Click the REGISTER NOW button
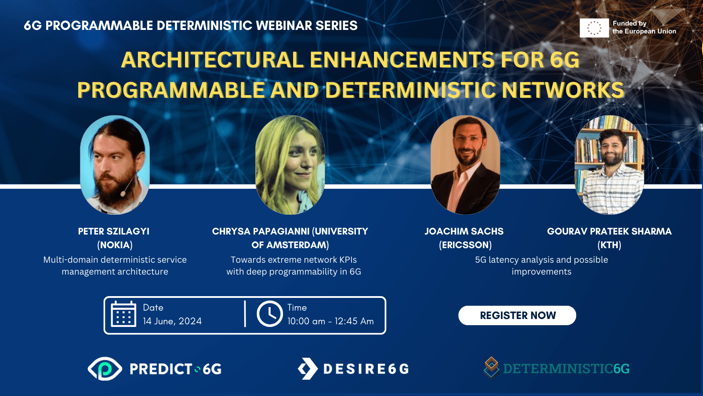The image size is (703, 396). coord(517,315)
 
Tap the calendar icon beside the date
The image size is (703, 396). coord(123,314)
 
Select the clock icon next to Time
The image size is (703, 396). coord(270,314)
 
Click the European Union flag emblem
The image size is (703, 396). coord(594,28)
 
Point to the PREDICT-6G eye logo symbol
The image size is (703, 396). coord(105,369)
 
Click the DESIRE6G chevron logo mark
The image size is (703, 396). coord(308,369)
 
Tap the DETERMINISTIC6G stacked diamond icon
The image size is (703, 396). coord(492,368)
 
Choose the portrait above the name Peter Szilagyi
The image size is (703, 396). coord(115,165)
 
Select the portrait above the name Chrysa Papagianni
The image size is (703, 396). coord(290,165)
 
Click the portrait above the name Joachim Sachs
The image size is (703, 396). coord(465,165)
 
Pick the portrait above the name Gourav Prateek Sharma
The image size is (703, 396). coord(609,165)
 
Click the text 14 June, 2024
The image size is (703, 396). coord(172,321)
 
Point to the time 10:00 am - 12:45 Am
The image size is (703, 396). coord(330,321)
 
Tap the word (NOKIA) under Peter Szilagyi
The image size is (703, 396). coord(115,245)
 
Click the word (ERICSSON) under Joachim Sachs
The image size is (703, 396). coord(465,245)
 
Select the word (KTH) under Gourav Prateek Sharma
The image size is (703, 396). coord(609,245)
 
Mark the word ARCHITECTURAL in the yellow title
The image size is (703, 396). coord(212,60)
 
